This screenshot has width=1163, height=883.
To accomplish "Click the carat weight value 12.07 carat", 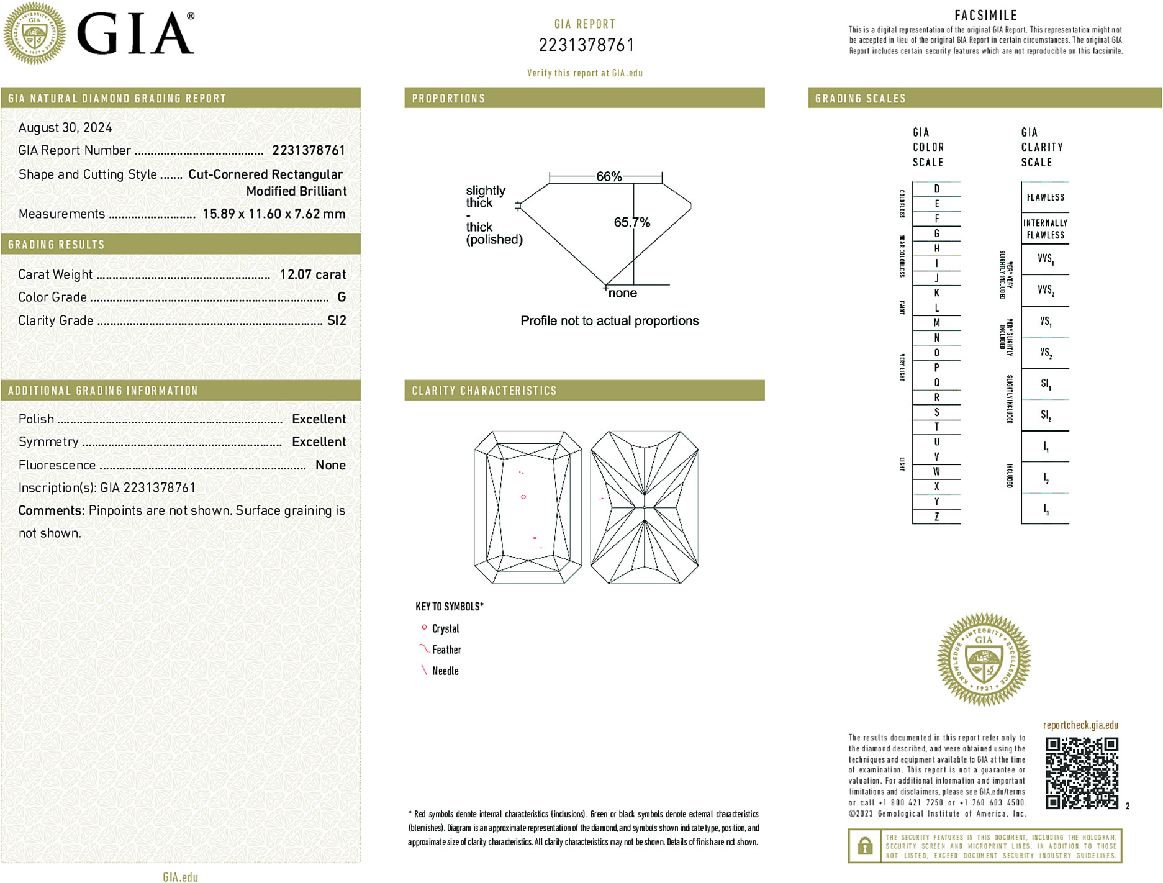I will pos(312,274).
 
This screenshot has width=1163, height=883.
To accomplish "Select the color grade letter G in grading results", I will pos(342,297).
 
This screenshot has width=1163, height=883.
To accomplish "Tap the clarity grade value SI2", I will pos(337,320).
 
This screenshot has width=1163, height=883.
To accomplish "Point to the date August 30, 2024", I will pos(65,128).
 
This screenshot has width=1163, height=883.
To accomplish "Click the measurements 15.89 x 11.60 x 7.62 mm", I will pos(274,214).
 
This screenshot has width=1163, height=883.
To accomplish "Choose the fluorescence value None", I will pos(330,465).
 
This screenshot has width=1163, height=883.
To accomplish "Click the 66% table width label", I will pos(609,176).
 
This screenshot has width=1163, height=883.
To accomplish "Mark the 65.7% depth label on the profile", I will pos(631,222).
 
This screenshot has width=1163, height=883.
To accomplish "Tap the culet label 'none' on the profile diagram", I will pos(622,293).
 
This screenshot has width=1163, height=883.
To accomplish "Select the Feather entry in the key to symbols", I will pos(446,650).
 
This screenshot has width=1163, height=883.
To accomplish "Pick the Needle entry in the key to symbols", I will pos(445,671).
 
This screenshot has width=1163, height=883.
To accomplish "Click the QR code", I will pos(1082,773).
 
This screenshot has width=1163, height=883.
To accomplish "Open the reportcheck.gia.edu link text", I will pos(1080,725).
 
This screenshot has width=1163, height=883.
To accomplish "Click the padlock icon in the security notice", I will pos(864,846).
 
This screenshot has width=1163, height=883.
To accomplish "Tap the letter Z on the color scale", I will pos(936,517).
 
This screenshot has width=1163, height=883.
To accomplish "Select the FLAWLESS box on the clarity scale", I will pos(1045,197).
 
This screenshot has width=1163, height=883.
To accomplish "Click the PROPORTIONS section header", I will pos(448,99).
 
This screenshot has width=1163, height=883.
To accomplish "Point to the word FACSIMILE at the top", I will pos(985,16).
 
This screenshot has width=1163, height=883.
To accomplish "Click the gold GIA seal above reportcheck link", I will pos(984,659).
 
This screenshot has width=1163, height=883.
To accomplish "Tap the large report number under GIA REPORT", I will pos(586,45).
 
